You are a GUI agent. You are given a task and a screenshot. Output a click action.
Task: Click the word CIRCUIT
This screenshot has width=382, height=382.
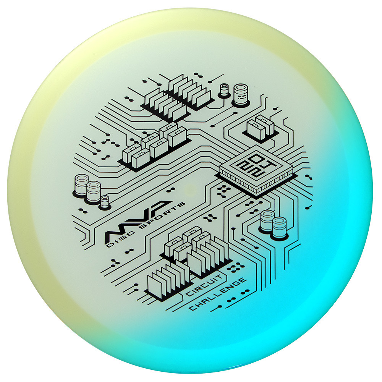[204, 285]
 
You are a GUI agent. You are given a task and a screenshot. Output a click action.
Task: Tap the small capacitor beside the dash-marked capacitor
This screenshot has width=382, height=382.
[224, 91]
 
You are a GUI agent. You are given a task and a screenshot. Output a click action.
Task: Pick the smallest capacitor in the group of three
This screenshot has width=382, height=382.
[105, 202]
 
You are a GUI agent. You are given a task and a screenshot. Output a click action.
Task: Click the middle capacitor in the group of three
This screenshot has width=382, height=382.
[93, 193]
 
